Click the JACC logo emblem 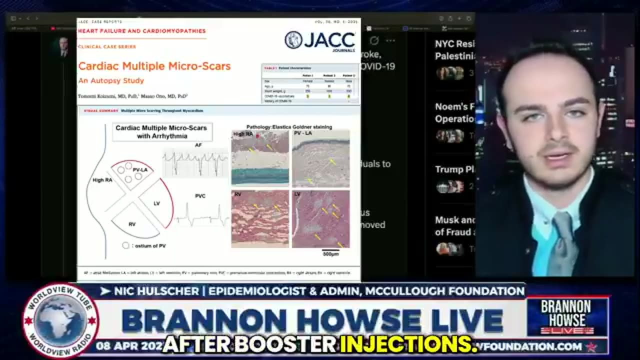(293, 40)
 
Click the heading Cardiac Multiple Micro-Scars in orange (154, 66)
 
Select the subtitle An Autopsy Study (111, 80)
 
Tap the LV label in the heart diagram (156, 203)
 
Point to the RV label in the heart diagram (132, 224)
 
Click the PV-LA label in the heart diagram (140, 170)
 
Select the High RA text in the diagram (102, 180)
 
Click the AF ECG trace (195, 163)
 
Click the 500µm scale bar (330, 250)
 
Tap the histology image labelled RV (260, 218)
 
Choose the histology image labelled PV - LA (320, 158)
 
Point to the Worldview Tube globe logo (60, 320)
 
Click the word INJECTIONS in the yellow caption (406, 343)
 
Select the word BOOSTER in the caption (291, 343)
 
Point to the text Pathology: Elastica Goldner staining (289, 127)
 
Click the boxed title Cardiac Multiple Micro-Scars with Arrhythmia (162, 132)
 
